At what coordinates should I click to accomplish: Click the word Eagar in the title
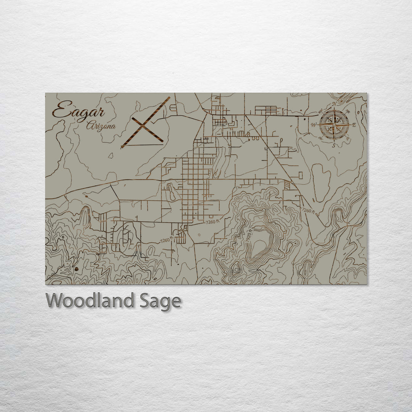point(78,111)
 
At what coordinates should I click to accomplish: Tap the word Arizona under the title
point(101,126)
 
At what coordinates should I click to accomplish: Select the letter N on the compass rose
point(335,104)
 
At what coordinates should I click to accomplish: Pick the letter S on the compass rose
point(334,145)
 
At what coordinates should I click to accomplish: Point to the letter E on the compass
point(354,125)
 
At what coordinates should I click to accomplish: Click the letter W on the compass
point(314,125)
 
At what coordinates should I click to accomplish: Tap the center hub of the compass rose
point(334,124)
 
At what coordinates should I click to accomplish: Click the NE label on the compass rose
point(348,111)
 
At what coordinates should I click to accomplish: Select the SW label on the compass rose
point(321,138)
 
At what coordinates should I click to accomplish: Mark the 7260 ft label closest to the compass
point(308,211)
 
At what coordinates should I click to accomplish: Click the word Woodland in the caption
point(90,301)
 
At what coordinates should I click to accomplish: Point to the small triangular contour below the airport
point(111,156)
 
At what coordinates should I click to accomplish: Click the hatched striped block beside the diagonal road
point(287,184)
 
